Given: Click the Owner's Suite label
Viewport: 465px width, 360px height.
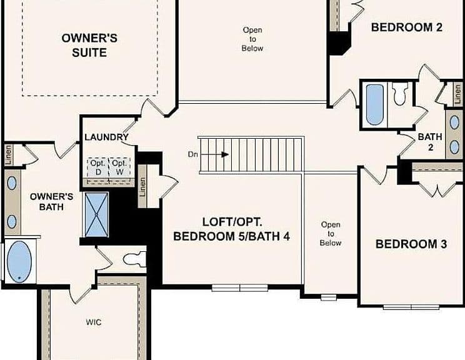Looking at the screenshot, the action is (x=89, y=46).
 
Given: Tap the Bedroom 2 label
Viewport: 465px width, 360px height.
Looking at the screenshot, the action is (x=407, y=27).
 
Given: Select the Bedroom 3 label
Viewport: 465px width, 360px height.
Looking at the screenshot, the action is (x=411, y=244).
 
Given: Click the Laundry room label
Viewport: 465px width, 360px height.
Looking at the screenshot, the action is (x=106, y=137).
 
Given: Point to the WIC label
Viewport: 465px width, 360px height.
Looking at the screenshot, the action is (x=94, y=322).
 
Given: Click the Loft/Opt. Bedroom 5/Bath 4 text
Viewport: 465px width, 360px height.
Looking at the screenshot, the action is (x=232, y=229).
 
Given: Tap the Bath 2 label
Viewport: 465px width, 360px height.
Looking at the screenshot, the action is (x=430, y=142).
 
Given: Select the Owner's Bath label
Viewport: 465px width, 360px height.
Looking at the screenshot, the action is (x=52, y=202).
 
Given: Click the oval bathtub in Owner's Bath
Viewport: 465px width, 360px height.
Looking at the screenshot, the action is (x=19, y=261).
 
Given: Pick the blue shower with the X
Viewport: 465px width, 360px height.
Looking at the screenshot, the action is (x=97, y=214).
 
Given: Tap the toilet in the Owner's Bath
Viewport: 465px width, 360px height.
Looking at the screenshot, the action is (x=135, y=259).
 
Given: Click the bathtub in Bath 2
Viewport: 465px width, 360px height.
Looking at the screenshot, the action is (x=375, y=104).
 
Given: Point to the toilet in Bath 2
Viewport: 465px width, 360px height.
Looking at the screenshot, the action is (x=400, y=93).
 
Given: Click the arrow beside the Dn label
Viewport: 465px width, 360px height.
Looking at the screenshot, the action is (x=216, y=154).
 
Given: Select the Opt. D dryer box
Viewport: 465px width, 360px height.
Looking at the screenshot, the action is (x=98, y=168).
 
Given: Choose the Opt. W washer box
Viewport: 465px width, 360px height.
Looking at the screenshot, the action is (x=120, y=168).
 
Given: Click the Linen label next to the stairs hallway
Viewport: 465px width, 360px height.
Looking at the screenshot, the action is (x=142, y=187).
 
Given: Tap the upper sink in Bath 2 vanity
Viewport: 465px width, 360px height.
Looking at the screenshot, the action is (x=454, y=122).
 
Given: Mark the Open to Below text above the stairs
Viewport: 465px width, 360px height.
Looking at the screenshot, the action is (x=252, y=39).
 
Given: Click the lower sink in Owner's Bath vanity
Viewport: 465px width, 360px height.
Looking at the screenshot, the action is (x=12, y=222).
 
